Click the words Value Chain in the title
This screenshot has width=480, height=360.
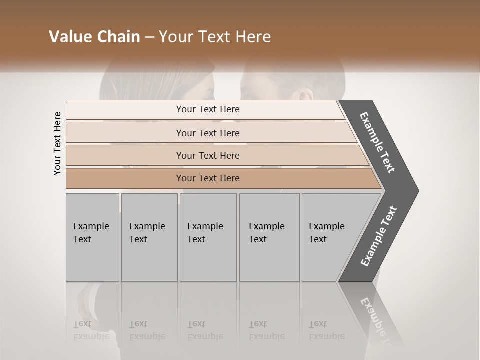94,37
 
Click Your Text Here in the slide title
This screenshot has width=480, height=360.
215,37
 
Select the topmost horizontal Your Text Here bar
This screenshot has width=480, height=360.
208,109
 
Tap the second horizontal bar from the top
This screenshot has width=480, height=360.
208,133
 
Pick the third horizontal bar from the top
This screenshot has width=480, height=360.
208,155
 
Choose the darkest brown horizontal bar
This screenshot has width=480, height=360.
208,178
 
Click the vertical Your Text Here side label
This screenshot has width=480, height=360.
57,143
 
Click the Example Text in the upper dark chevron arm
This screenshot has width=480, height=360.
378,142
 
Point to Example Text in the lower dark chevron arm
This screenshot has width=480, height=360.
379,236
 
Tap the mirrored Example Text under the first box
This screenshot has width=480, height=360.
91,331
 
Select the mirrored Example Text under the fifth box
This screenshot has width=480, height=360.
327,331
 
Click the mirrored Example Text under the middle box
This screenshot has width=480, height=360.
205,331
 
